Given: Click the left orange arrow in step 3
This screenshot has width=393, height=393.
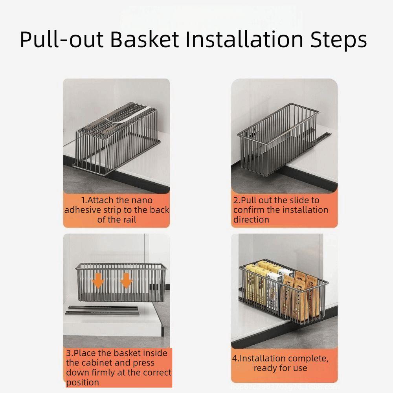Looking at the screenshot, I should (98, 281).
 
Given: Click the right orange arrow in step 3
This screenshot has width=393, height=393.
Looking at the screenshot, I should (126, 281).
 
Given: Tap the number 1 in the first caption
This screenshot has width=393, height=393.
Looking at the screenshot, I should (83, 200).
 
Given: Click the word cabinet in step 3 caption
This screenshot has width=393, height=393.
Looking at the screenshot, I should (94, 363).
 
